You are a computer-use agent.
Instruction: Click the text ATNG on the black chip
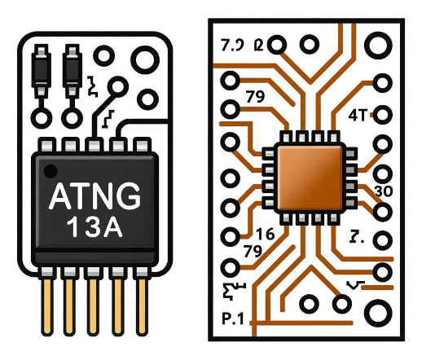click(95, 196)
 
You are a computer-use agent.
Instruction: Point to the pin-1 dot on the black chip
click(51, 171)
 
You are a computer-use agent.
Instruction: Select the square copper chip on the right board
click(308, 177)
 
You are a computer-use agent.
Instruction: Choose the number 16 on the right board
click(242, 235)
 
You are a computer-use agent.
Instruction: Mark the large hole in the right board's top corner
click(380, 43)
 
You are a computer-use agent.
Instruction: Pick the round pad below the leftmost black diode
click(40, 116)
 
